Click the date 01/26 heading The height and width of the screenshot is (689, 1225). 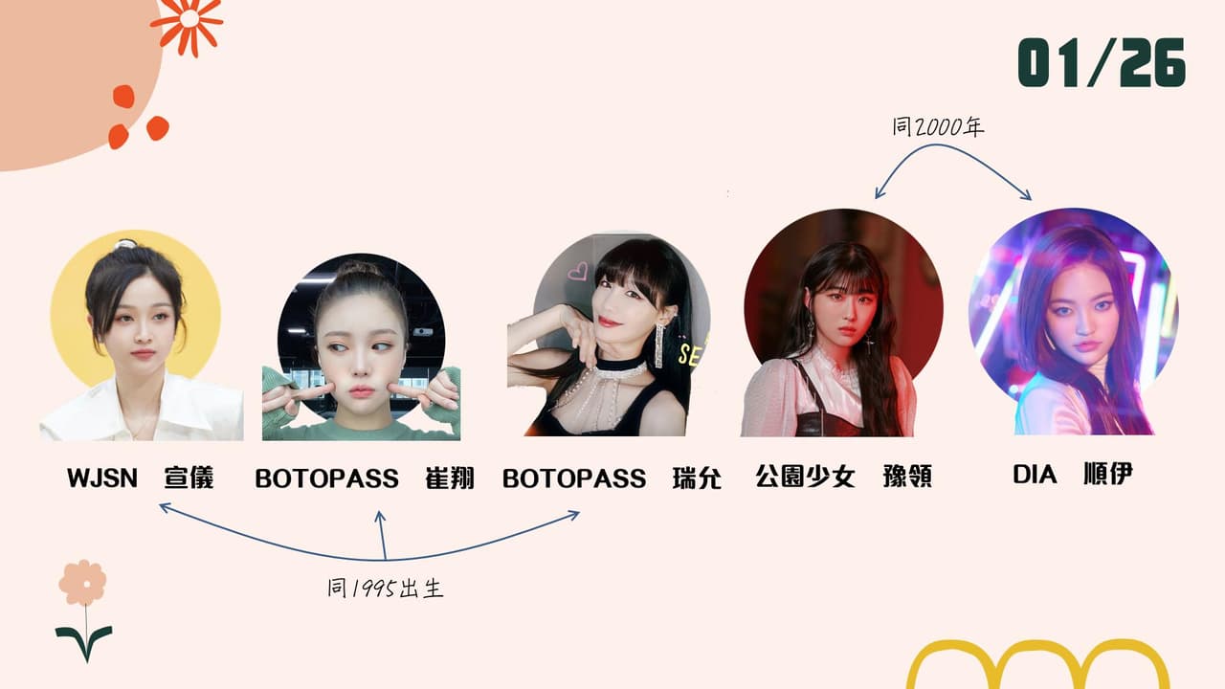[1102, 62]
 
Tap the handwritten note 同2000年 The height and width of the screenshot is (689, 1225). [938, 127]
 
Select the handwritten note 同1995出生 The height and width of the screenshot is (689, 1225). [385, 588]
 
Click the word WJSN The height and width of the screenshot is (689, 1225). [102, 478]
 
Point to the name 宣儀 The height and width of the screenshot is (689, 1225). [189, 478]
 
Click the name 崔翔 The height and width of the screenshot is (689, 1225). [450, 478]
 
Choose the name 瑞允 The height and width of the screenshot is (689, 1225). [697, 478]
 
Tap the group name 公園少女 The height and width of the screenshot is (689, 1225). [805, 476]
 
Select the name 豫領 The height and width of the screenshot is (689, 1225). [907, 476]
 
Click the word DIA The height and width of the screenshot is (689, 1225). [1035, 474]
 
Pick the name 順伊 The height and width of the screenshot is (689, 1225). [1108, 474]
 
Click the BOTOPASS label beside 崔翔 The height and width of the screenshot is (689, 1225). [326, 478]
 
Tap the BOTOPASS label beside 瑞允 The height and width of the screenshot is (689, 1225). [574, 478]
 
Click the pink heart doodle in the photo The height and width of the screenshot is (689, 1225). [577, 271]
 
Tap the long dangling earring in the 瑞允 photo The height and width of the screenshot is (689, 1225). [659, 344]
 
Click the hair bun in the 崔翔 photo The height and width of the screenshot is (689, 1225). [359, 269]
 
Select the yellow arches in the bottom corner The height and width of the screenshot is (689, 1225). [1037, 665]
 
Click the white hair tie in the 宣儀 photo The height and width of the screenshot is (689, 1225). [124, 243]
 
